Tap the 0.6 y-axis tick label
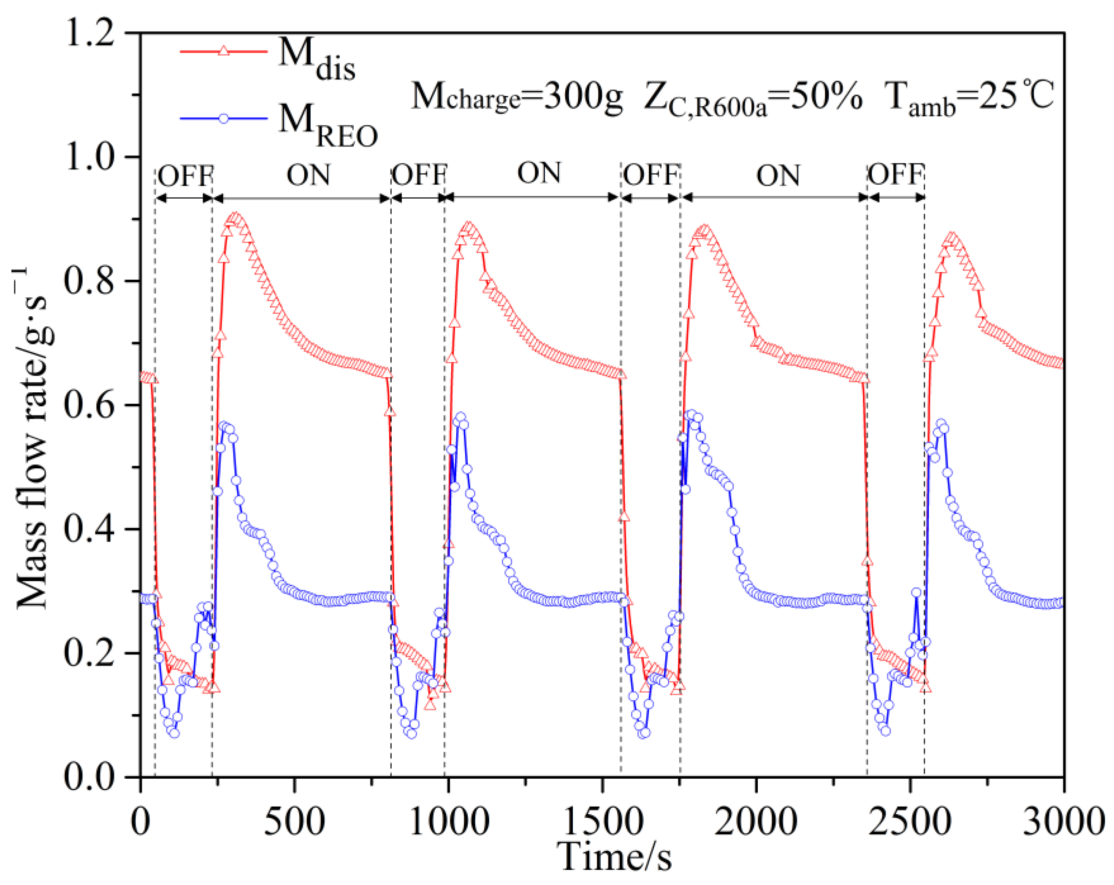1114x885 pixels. [x=89, y=406]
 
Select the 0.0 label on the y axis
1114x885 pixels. [x=89, y=777]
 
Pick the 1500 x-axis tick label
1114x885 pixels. [x=602, y=821]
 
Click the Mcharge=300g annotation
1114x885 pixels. [x=517, y=97]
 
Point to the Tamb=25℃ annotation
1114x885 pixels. [x=968, y=97]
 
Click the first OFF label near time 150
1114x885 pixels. [x=185, y=175]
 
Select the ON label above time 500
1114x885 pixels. [x=309, y=175]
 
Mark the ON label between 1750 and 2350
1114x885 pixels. [x=778, y=176]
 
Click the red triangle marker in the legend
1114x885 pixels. [x=223, y=51]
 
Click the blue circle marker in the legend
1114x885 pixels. [x=223, y=118]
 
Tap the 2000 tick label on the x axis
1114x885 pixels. [x=756, y=821]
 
